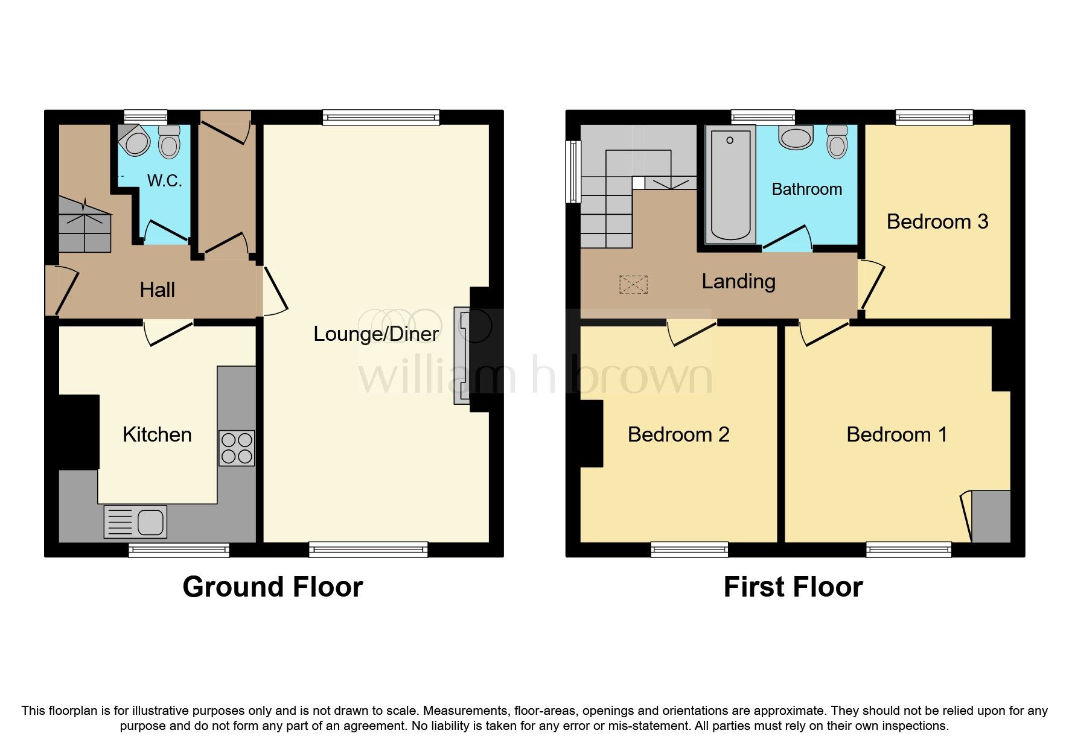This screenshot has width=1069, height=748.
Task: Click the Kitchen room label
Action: point(157,434)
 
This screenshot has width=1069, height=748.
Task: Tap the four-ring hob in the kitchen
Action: point(237,448)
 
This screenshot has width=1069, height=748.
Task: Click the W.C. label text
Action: point(164,180)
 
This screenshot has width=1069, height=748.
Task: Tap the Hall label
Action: point(157,290)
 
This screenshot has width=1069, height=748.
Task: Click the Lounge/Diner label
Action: point(375,334)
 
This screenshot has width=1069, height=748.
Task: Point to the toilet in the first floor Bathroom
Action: point(837,142)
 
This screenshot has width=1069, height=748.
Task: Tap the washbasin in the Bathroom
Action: point(797,138)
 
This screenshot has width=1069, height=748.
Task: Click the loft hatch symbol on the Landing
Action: point(633,285)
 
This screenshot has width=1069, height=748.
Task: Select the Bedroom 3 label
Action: point(937,221)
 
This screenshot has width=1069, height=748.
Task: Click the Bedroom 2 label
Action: point(678,434)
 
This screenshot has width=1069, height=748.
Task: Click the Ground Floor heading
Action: point(272,587)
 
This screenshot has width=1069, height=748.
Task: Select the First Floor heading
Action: point(793,587)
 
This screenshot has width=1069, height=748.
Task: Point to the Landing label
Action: point(738,281)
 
